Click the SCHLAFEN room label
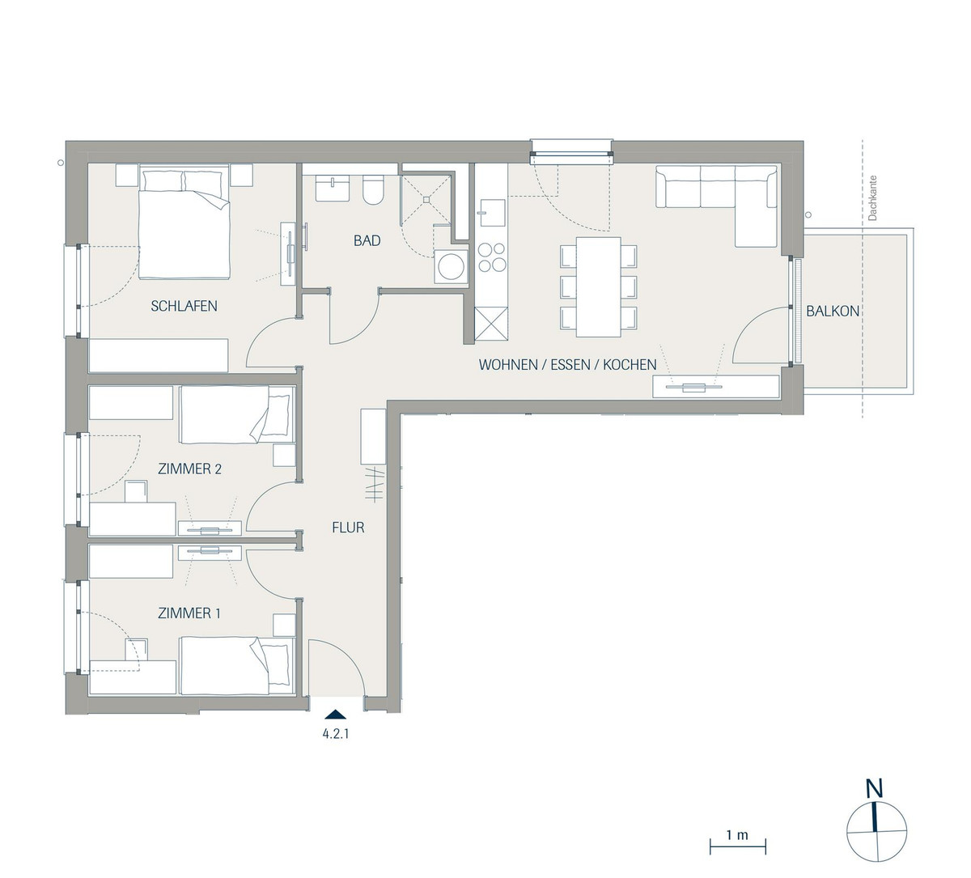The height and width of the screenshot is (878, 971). pyautogui.click(x=184, y=306)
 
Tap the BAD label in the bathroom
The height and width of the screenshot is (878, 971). pyautogui.click(x=367, y=240)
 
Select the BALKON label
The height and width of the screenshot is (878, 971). pyautogui.click(x=833, y=311)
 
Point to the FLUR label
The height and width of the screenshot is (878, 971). pyautogui.click(x=348, y=528)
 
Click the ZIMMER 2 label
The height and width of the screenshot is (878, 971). pyautogui.click(x=189, y=469)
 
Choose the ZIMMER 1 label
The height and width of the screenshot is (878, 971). pyautogui.click(x=189, y=613)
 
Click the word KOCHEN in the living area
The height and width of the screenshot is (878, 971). pyautogui.click(x=630, y=365)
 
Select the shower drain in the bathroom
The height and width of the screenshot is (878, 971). pyautogui.click(x=426, y=198)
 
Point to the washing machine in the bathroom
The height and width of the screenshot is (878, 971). pyautogui.click(x=452, y=266)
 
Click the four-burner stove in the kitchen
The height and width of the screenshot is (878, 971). pyautogui.click(x=492, y=257)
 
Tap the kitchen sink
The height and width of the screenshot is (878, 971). pyautogui.click(x=491, y=213)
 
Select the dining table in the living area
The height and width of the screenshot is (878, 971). pyautogui.click(x=598, y=286)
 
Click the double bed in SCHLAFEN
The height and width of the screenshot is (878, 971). pyautogui.click(x=184, y=223)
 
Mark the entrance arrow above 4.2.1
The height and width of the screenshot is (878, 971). pyautogui.click(x=336, y=714)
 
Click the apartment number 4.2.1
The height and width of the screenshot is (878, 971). pyautogui.click(x=336, y=734)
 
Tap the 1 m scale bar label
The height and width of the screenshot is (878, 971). pyautogui.click(x=737, y=835)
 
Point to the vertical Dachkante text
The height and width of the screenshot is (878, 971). pyautogui.click(x=873, y=198)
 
